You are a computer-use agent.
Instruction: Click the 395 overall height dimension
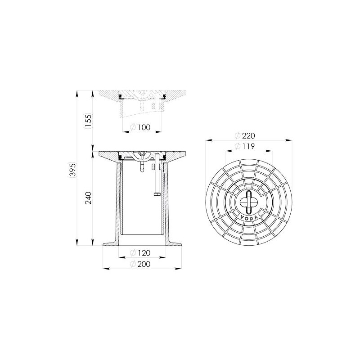(72, 170)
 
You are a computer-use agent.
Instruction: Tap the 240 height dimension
(88, 198)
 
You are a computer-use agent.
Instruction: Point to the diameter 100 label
(140, 127)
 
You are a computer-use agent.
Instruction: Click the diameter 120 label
(140, 253)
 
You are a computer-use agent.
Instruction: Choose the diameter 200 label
(140, 264)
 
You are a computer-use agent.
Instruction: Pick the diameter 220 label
(245, 136)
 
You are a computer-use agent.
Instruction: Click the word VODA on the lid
(249, 218)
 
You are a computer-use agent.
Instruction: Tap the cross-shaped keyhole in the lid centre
(249, 202)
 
